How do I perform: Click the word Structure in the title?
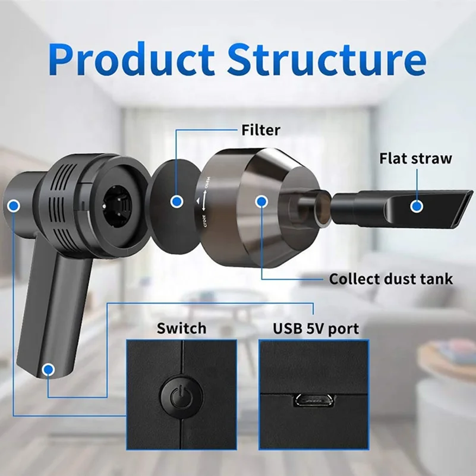click(x=326, y=60)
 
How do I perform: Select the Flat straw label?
click(x=415, y=159)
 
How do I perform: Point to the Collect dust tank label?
click(x=391, y=278)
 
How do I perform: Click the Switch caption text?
click(x=181, y=327)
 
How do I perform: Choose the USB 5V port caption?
click(x=316, y=327)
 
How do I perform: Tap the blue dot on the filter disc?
click(x=176, y=202)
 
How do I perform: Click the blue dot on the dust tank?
click(x=261, y=201)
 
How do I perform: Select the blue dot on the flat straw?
click(x=417, y=206)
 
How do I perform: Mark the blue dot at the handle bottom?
click(x=48, y=370)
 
